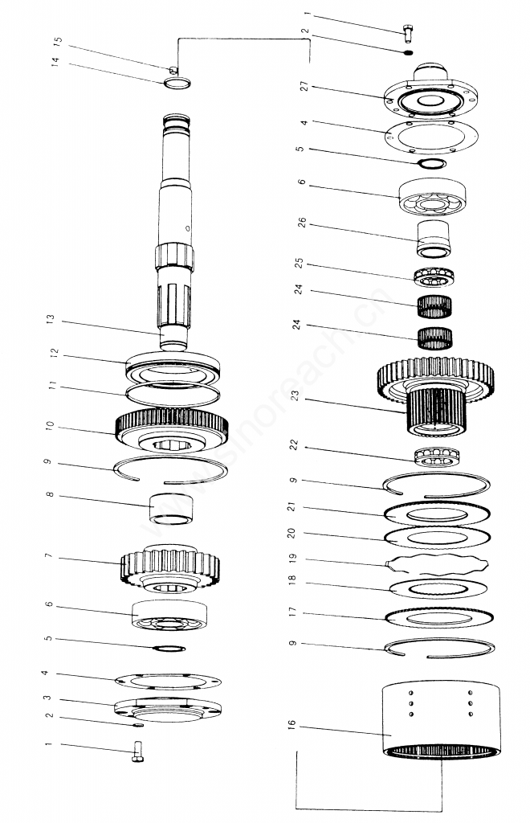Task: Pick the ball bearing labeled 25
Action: tap(434, 276)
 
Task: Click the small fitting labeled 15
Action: tap(171, 69)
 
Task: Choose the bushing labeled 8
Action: tap(170, 510)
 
